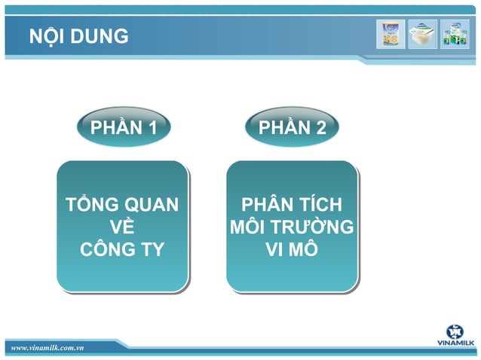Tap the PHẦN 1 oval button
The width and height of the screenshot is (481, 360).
click(x=124, y=128)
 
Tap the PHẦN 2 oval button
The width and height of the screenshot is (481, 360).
click(x=292, y=128)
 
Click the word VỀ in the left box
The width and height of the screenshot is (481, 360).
click(x=122, y=227)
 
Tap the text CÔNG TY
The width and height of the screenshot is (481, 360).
click(x=122, y=249)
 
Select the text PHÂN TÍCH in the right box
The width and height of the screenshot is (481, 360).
click(x=291, y=205)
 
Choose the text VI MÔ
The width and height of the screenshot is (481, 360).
click(x=291, y=249)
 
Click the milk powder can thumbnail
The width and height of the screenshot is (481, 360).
click(x=391, y=35)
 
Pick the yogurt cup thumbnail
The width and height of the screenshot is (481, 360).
click(x=422, y=35)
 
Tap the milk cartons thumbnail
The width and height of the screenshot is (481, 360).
click(x=455, y=35)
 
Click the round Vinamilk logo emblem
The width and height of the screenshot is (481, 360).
click(x=455, y=331)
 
